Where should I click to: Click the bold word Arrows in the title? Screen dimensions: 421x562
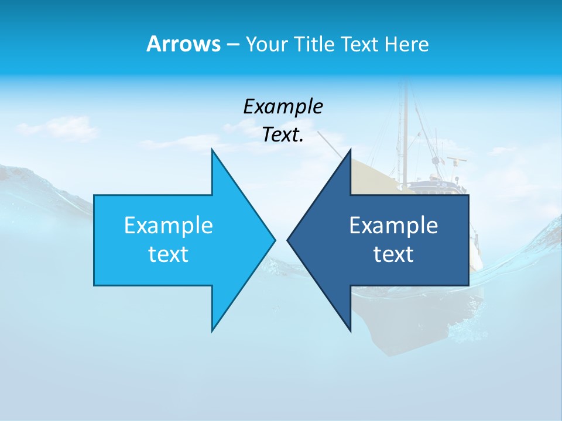(183, 44)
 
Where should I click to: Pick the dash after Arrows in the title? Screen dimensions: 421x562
(232, 45)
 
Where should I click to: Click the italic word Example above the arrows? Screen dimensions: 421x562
(283, 106)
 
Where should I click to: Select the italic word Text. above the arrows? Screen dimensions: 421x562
(283, 134)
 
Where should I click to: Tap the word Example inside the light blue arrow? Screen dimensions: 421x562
(169, 225)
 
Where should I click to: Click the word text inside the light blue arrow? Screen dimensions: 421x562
(169, 254)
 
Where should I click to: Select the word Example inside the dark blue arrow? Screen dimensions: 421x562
(393, 225)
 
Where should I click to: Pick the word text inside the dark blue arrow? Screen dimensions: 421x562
(393, 254)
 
